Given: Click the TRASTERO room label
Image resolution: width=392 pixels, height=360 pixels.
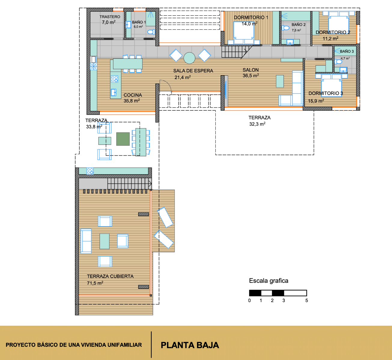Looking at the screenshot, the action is (x=110, y=17).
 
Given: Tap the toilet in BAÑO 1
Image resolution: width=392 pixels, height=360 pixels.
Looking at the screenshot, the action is (x=151, y=31).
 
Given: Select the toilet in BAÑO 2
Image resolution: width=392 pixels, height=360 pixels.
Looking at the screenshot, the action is (x=285, y=28).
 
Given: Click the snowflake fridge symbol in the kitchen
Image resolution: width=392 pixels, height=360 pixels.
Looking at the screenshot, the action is (x=94, y=66).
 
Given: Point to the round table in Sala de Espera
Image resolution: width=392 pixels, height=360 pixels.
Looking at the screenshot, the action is (x=189, y=58).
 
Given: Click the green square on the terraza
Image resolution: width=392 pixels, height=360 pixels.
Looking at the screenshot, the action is (x=123, y=139).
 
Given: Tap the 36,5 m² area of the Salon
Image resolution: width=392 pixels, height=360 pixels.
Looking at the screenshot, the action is (x=251, y=75).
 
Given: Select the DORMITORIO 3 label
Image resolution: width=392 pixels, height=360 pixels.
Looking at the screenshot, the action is (x=326, y=93).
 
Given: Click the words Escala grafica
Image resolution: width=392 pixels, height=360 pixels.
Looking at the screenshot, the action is (x=269, y=281).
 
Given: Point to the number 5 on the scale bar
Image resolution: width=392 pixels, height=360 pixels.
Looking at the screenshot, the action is (x=307, y=301).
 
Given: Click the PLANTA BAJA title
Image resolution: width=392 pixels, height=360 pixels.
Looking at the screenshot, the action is (x=190, y=345).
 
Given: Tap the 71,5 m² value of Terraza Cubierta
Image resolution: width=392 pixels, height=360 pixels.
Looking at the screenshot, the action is (x=95, y=283).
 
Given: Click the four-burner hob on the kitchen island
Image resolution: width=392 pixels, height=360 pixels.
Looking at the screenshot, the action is (x=114, y=79).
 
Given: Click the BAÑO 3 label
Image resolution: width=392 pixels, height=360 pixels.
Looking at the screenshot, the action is (x=347, y=51).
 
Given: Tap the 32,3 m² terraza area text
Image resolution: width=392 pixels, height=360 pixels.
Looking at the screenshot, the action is (x=257, y=124).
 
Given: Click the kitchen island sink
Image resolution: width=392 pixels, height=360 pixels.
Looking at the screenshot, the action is (x=114, y=92).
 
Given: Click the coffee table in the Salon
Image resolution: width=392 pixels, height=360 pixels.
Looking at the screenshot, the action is (x=280, y=81).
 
